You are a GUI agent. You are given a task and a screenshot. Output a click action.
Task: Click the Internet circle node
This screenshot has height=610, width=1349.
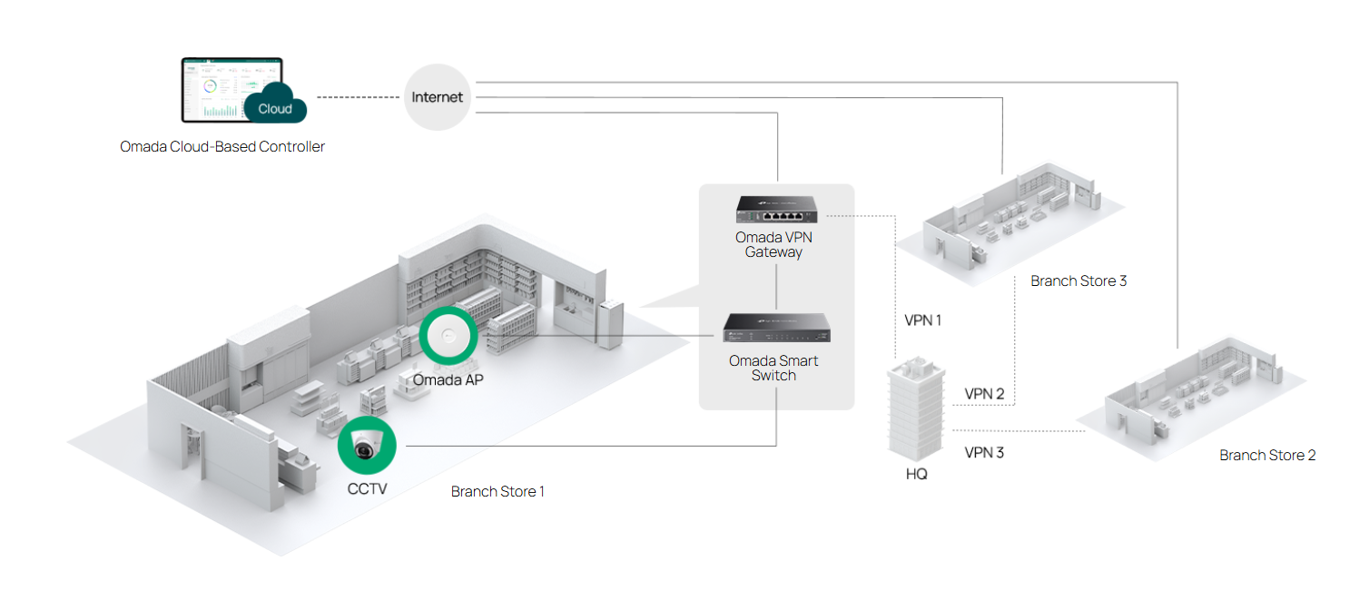438,97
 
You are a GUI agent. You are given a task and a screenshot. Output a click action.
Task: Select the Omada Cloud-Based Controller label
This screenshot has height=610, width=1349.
222,146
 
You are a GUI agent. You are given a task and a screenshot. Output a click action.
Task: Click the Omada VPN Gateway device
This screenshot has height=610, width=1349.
776,210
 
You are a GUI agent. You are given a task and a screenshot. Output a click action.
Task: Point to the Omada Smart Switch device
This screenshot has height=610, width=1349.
776,328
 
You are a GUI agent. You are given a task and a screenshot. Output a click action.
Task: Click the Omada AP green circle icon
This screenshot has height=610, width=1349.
448,335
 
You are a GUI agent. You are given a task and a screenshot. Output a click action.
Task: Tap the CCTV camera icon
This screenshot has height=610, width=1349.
367,446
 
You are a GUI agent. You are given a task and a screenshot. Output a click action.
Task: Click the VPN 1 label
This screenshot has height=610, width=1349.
924,320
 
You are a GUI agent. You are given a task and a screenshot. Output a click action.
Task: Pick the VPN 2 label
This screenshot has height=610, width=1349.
984,394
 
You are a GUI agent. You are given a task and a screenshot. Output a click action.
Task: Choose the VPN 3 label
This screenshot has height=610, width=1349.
984,452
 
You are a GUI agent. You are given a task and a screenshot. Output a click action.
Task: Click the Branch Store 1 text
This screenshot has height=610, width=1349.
497,492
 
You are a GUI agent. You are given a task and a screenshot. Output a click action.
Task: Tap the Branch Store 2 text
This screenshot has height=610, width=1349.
1267,455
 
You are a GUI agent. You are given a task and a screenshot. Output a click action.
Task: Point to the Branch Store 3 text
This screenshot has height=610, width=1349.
1078,281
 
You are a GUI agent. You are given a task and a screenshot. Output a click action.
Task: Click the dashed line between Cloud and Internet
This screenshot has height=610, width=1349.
359,97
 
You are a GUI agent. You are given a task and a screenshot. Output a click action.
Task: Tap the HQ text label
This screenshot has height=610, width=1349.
917,475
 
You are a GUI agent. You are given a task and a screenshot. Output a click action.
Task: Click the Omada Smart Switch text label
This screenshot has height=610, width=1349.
773,368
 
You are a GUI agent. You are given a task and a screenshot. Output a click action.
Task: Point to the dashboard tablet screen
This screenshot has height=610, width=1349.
218,91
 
